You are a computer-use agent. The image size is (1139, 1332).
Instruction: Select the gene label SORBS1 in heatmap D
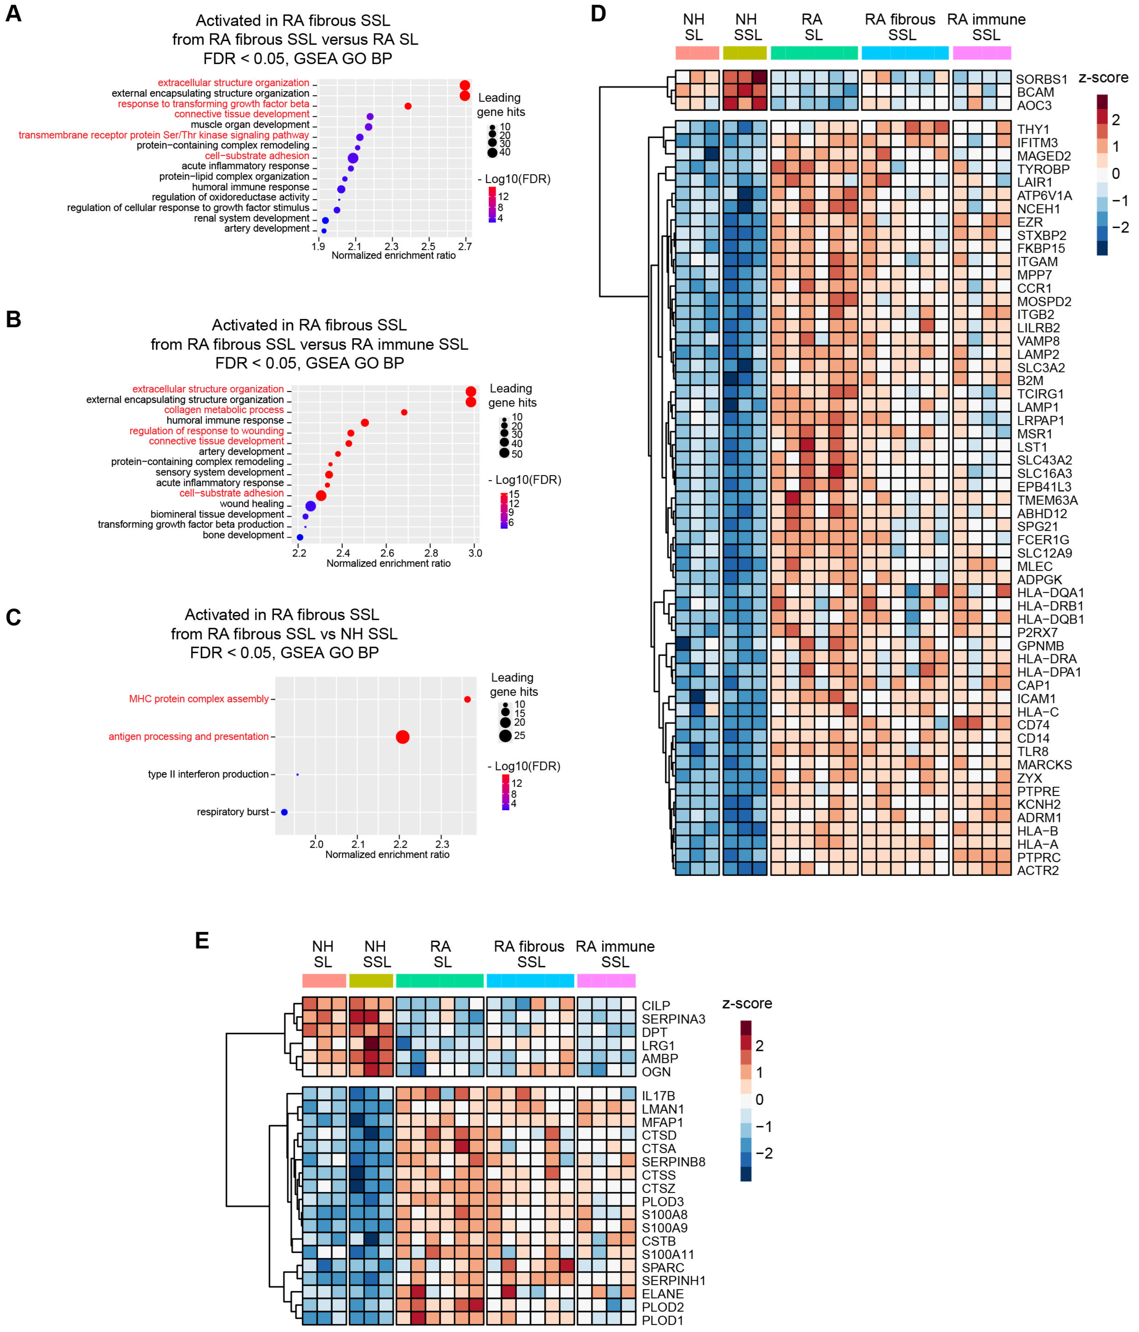(x=1041, y=79)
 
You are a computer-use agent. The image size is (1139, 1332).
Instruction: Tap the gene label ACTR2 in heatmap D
(x=1037, y=870)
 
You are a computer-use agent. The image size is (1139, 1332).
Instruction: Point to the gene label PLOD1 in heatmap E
(x=662, y=1321)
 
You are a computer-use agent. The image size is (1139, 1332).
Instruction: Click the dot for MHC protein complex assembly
(x=467, y=699)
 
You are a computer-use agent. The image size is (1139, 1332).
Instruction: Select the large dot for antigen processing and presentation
(x=402, y=737)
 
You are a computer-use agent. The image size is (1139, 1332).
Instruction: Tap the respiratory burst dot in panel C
(x=284, y=812)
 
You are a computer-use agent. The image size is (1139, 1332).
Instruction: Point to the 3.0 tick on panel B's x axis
(x=475, y=553)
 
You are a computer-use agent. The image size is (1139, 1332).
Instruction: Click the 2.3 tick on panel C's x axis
(x=442, y=844)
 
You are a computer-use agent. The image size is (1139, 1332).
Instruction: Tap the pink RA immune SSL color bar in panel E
(x=606, y=980)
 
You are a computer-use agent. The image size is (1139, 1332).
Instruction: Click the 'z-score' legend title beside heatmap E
(x=747, y=1003)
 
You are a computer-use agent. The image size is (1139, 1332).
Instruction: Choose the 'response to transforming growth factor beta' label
(x=213, y=104)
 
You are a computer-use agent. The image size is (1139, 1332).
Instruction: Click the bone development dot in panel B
(x=299, y=537)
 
